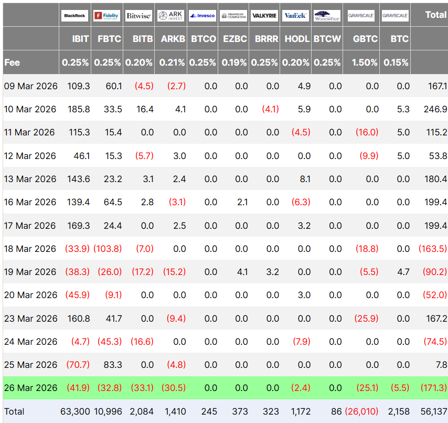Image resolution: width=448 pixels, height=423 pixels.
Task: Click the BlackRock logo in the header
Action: pos(75,16)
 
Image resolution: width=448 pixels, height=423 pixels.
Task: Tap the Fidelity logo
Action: pos(107,16)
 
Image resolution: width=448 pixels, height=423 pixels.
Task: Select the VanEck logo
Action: pos(296,16)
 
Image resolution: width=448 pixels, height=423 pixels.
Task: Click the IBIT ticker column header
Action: pos(80,39)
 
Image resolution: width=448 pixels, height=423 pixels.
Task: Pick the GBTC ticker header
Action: pos(365,39)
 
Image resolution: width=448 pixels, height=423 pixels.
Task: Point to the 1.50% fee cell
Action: pos(365,62)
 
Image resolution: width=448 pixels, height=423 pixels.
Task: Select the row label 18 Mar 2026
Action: pos(29,249)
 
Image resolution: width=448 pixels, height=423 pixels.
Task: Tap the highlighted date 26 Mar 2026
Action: pos(29,388)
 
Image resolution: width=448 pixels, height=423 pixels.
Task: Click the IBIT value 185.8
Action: pos(79,109)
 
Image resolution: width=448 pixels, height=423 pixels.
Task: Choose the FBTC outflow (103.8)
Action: pos(108,249)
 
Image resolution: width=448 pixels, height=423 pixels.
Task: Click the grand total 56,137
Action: pos(433,411)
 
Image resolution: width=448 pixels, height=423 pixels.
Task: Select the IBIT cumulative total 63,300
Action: pos(75,411)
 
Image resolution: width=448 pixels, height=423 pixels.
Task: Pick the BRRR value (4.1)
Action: pos(271,109)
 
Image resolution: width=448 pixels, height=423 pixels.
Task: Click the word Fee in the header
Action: pos(12,62)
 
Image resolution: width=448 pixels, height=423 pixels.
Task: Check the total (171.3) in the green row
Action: pos(433,388)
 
